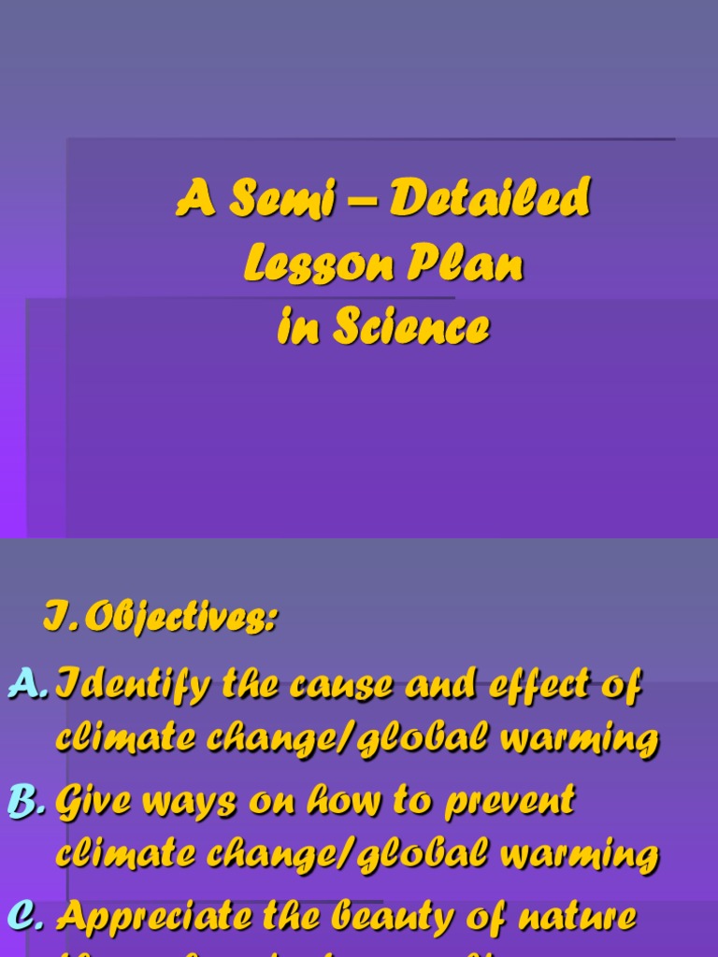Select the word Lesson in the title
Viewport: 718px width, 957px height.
tap(308, 264)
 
